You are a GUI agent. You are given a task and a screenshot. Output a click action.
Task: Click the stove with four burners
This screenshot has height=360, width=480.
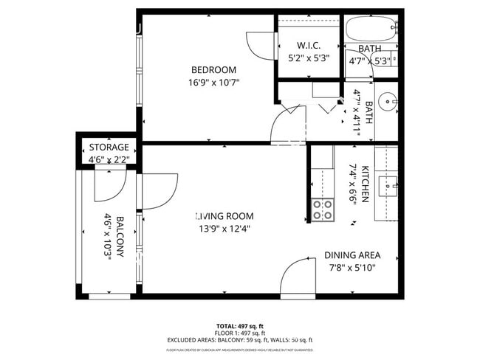point(322,210)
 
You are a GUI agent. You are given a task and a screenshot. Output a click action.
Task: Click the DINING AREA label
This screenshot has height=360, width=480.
point(352,255)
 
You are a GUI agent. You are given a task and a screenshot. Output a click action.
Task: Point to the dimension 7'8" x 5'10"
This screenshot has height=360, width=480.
point(352,267)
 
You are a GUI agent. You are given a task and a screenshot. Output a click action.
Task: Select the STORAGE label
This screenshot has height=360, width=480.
point(109,147)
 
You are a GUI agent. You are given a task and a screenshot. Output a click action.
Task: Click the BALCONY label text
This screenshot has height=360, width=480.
point(120,252)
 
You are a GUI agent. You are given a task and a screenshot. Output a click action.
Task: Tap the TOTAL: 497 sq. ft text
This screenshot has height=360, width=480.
point(240,325)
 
